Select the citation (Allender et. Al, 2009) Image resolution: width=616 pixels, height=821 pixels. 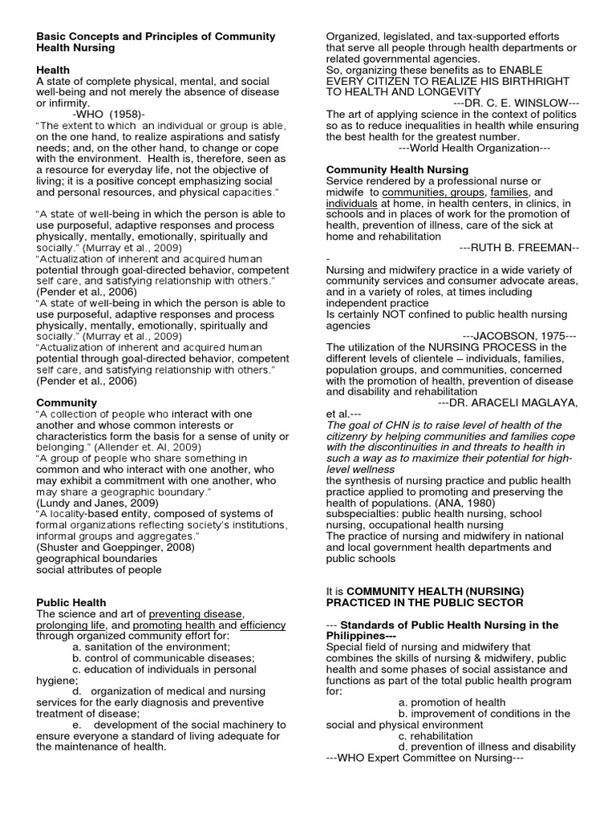point(142,447)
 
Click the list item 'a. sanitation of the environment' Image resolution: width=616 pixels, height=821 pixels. point(151,646)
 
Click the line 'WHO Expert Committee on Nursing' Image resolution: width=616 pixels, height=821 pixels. point(425,758)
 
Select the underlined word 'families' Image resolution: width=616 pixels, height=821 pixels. point(509,193)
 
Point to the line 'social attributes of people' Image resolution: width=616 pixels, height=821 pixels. point(99,569)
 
